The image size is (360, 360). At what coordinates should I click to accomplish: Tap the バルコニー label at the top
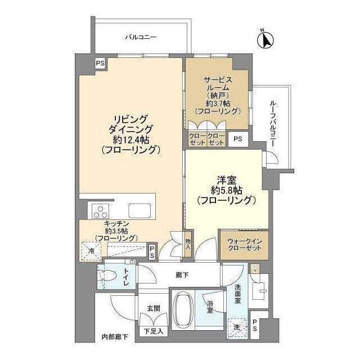coord(141,37)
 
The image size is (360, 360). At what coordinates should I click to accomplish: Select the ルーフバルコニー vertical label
coord(273,124)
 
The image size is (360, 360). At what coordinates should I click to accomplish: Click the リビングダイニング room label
coord(130,134)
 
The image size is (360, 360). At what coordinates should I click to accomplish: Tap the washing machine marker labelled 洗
coord(236,326)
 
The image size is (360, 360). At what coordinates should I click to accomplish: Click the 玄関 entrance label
coord(154,309)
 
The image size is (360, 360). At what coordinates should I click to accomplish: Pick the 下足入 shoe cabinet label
coord(153,331)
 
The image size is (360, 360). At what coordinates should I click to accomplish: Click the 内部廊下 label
coord(114,337)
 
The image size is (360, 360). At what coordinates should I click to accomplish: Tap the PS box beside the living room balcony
coord(100,63)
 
